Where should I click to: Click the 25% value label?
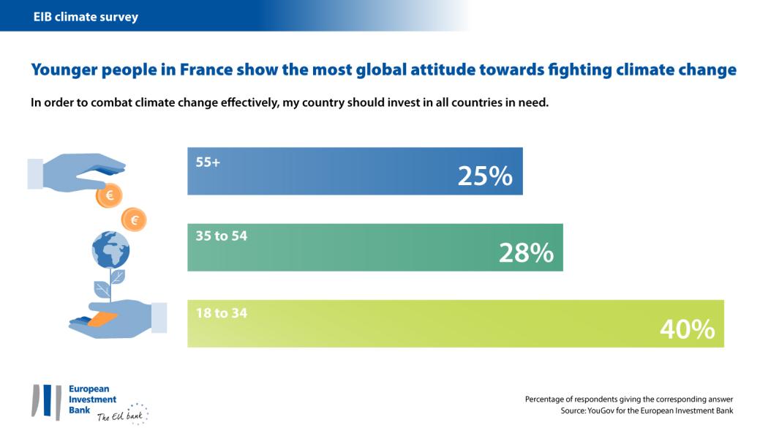[484, 176]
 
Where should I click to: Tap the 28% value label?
[525, 252]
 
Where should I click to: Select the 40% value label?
[687, 329]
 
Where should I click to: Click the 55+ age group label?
[208, 162]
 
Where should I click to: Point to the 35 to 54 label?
[222, 237]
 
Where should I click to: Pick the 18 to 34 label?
[222, 313]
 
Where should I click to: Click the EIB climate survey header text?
[86, 16]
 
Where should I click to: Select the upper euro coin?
[110, 195]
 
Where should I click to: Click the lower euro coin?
[134, 219]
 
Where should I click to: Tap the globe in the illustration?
[110, 250]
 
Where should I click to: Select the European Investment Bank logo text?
[91, 399]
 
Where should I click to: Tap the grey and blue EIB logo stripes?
[46, 402]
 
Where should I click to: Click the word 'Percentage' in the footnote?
[545, 399]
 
